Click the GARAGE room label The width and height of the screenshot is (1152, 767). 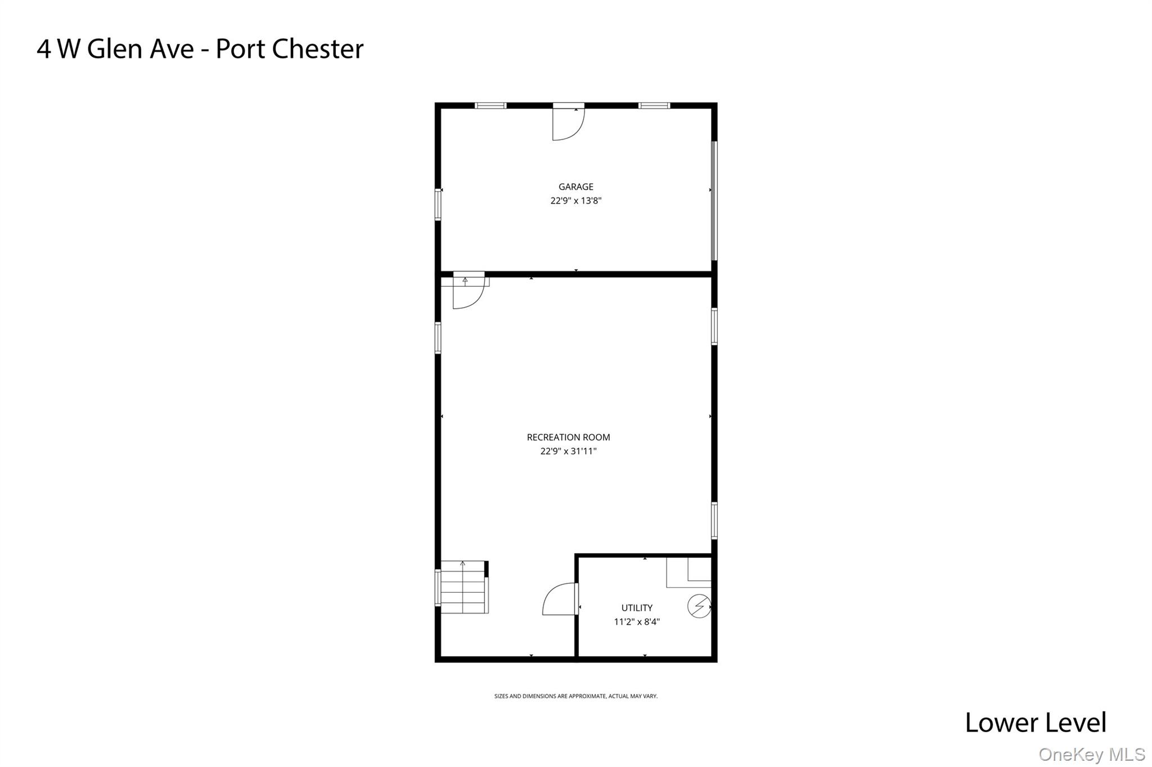click(x=575, y=187)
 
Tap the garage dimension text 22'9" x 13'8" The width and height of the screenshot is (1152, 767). click(x=575, y=201)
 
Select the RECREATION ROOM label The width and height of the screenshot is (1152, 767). click(x=568, y=437)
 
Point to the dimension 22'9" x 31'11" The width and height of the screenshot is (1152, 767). click(x=568, y=451)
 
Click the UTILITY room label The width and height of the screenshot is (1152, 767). click(x=637, y=608)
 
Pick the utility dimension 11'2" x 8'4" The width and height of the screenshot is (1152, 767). click(x=637, y=622)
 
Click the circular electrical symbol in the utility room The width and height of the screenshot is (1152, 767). click(x=699, y=606)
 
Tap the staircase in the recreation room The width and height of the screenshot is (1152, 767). click(x=463, y=587)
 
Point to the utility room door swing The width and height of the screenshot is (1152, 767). click(x=560, y=599)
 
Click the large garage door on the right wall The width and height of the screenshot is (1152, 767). click(x=714, y=201)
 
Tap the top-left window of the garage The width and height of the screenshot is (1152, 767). click(x=490, y=106)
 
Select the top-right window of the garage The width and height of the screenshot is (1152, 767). click(x=654, y=106)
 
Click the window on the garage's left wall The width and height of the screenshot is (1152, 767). click(x=438, y=204)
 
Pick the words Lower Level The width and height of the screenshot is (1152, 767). click(x=1035, y=723)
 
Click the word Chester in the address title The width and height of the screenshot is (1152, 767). click(x=318, y=49)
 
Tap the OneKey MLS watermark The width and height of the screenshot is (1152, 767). click(x=1091, y=754)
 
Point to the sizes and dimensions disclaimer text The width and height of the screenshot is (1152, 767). click(x=575, y=696)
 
